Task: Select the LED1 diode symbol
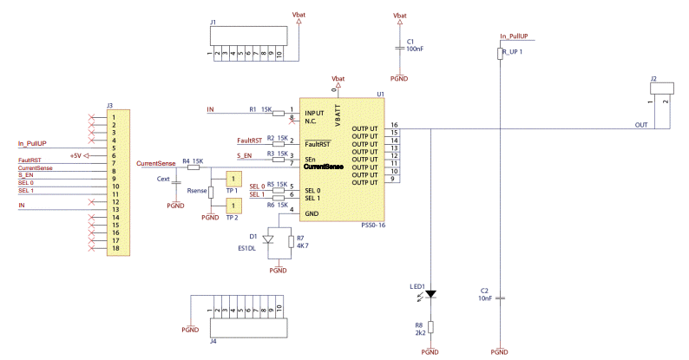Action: tap(431, 295)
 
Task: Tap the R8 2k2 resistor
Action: tap(431, 328)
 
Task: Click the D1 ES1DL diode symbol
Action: tap(268, 239)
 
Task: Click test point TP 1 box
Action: tap(233, 179)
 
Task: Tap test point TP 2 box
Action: tap(233, 206)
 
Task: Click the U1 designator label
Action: tap(380, 94)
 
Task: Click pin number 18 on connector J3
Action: tap(114, 249)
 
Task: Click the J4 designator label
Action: tap(213, 342)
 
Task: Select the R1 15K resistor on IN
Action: tap(279, 111)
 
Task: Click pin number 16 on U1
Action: tap(394, 126)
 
